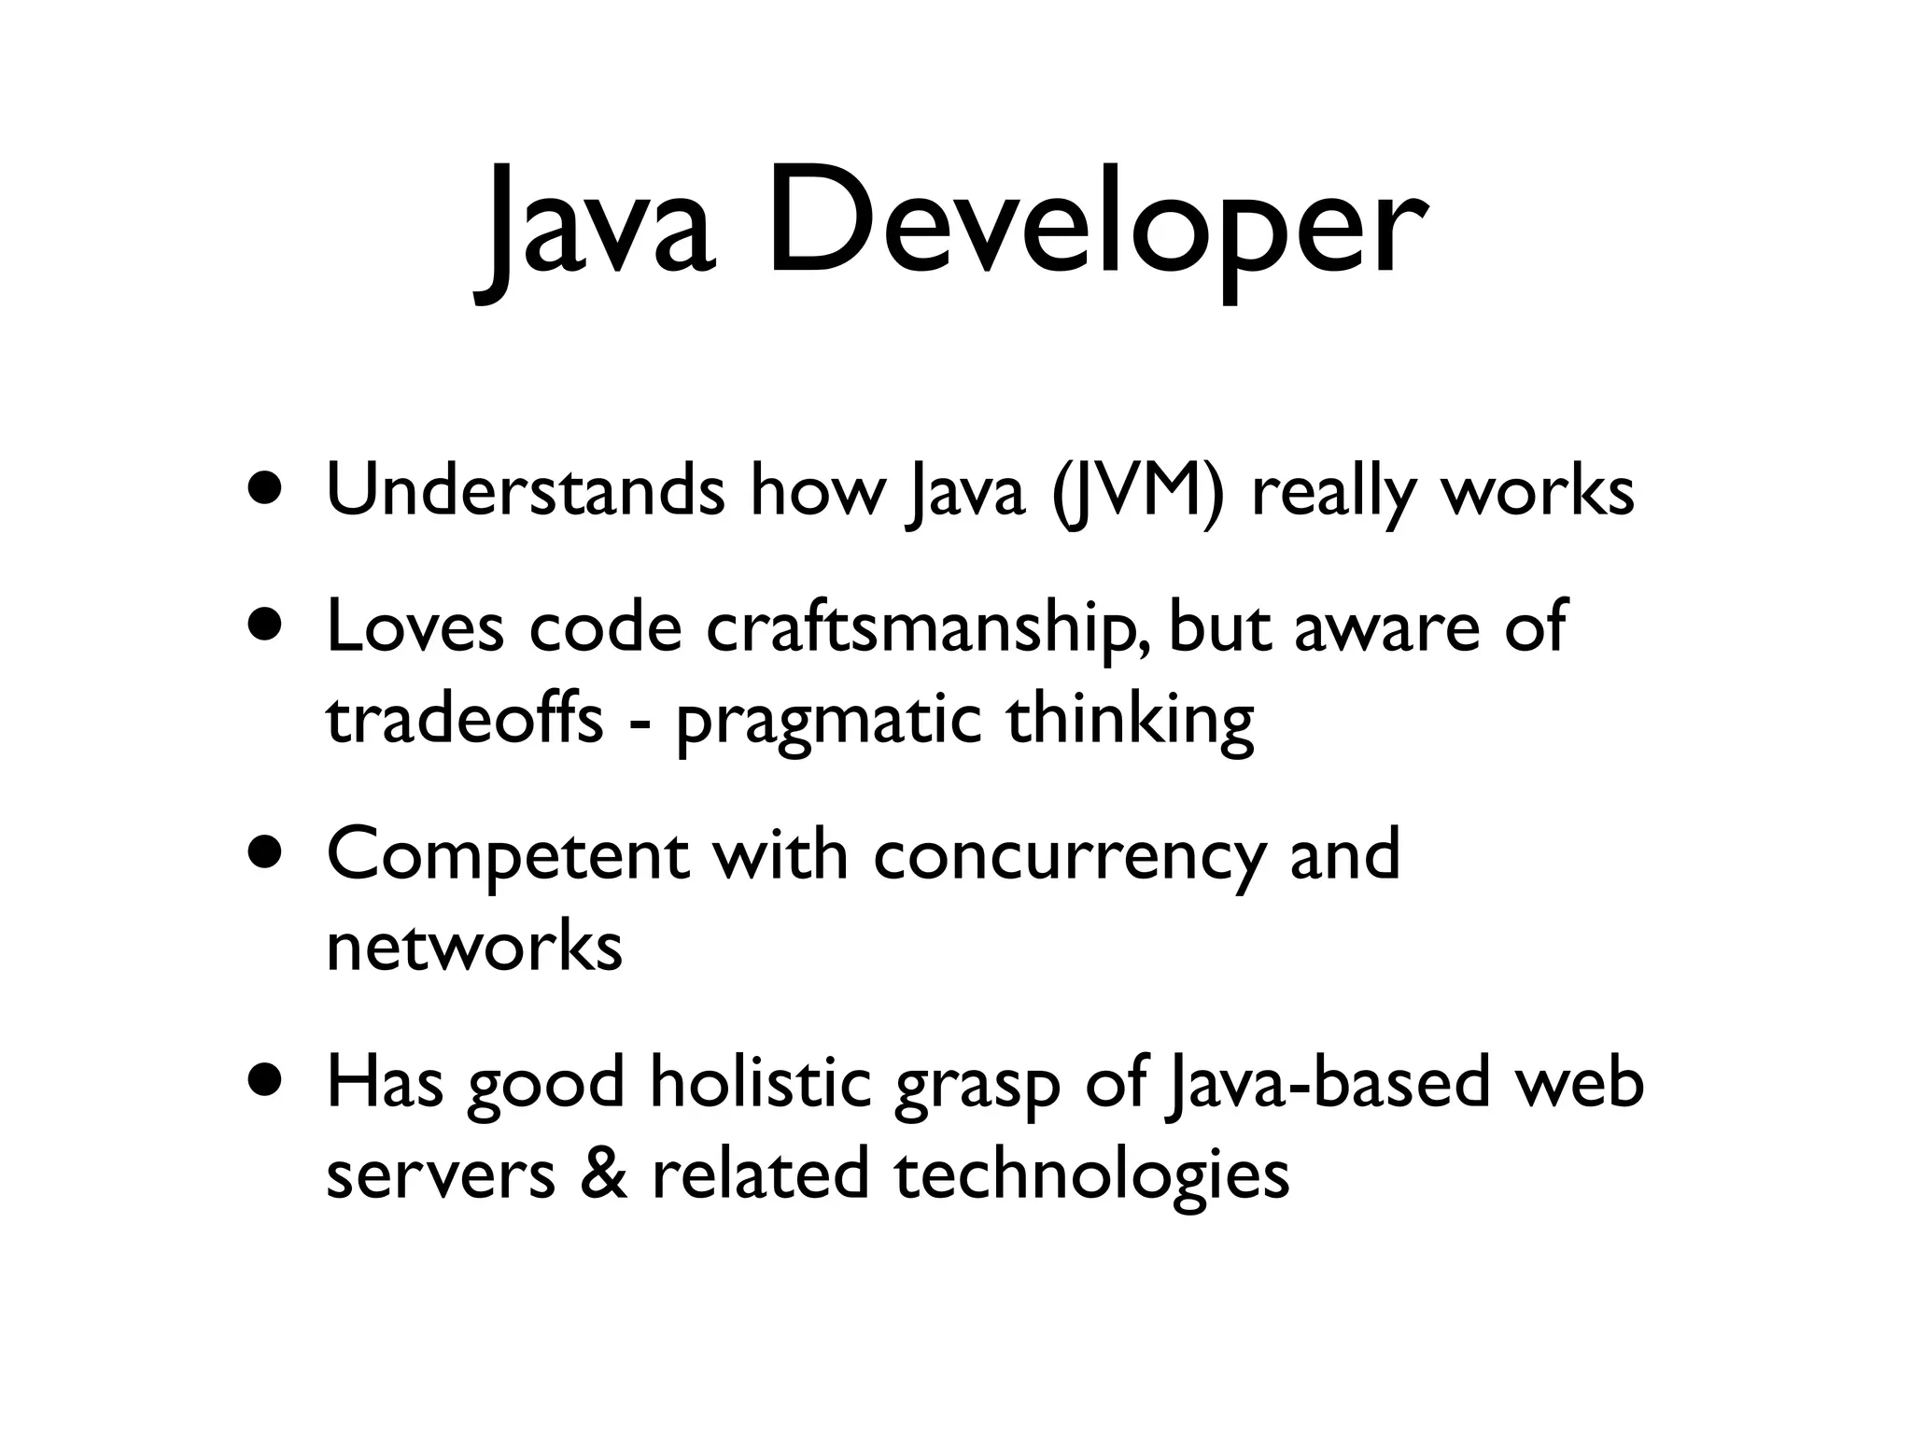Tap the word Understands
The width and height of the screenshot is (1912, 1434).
point(525,491)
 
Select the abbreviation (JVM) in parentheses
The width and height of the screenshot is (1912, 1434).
point(1137,493)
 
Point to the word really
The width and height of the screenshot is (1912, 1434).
point(1334,493)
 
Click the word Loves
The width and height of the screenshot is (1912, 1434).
point(415,627)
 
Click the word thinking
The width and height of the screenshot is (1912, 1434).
point(1130,721)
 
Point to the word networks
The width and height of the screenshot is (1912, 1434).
point(474,947)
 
